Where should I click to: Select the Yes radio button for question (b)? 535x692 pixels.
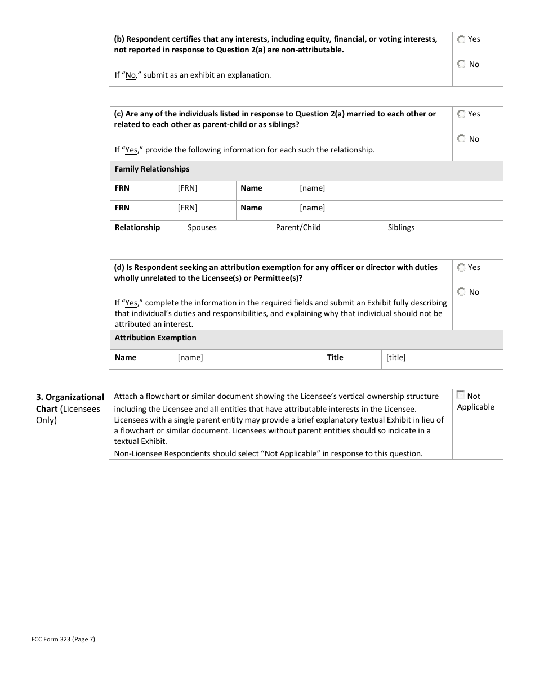pos(462,39)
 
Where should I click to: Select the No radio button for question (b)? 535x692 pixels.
pos(462,64)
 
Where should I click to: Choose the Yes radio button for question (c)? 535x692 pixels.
pos(462,114)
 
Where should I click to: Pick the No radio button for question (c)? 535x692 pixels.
pos(462,138)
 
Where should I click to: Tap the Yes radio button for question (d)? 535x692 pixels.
pos(462,268)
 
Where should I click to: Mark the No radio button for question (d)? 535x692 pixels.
pos(462,292)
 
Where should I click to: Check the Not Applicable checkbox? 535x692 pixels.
pos(461,396)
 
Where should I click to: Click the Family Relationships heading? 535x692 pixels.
pos(152,169)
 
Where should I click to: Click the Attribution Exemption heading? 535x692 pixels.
pos(155,338)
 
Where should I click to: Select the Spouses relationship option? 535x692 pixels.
pos(202,228)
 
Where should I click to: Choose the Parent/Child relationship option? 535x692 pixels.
pos(298,228)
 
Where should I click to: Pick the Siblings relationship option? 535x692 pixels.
pos(401,228)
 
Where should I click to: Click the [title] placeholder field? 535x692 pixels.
pos(396,358)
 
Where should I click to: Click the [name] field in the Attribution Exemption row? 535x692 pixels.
pos(190,358)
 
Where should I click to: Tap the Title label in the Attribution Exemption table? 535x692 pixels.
pos(335,358)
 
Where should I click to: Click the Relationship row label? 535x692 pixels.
pos(137,228)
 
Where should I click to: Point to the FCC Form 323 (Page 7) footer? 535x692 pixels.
pos(63,639)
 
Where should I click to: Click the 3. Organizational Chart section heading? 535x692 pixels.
pos(70,403)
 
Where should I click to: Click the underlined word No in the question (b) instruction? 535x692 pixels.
pos(131,75)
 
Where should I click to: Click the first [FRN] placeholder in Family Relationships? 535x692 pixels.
pos(188,188)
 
